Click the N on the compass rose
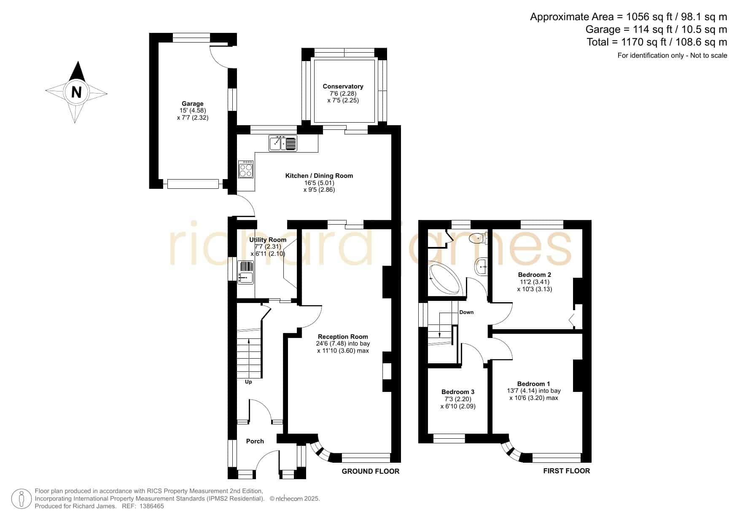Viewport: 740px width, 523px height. (x=76, y=92)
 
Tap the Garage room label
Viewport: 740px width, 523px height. (x=193, y=104)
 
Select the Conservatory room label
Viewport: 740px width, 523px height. (x=343, y=86)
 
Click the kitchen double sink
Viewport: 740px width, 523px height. (x=283, y=143)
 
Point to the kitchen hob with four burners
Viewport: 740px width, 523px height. (x=246, y=169)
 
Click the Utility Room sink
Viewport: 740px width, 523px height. (x=246, y=272)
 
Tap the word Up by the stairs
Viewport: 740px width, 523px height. (x=248, y=382)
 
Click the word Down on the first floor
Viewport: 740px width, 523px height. (x=466, y=312)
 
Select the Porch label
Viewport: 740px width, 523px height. (x=255, y=441)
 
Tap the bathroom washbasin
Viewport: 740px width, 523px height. (x=482, y=267)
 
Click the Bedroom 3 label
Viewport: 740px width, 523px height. (x=458, y=392)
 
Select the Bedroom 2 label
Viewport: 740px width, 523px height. (x=535, y=275)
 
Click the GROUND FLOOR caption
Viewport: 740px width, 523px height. (x=371, y=471)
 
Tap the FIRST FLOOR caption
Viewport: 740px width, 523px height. (x=567, y=471)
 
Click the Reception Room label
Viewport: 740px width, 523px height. (x=343, y=337)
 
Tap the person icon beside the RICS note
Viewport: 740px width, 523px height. (x=21, y=499)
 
